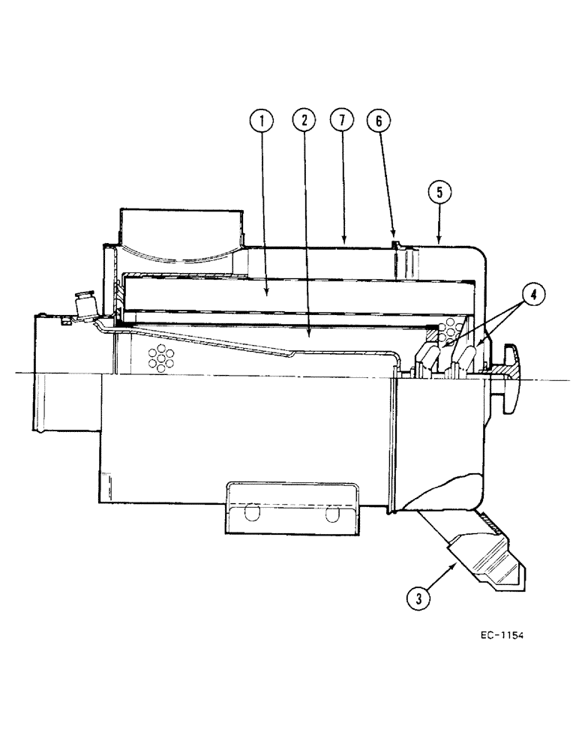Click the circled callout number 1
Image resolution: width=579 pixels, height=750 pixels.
[262, 120]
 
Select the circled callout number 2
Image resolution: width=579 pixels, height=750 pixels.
[304, 120]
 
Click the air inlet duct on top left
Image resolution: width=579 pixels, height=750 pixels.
[180, 229]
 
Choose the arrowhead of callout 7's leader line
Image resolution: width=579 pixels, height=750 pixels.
[343, 242]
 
